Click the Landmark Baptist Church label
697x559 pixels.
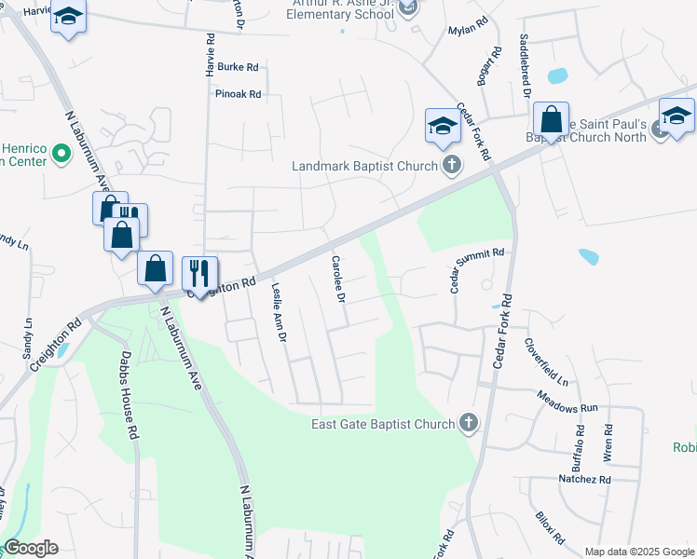point(364,167)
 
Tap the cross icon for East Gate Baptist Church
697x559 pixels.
point(469,424)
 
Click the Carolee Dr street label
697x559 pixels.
point(338,279)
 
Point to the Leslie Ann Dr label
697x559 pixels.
point(277,312)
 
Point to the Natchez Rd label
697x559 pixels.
point(584,479)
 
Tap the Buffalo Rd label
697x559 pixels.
point(579,447)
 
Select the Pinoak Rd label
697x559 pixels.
point(238,94)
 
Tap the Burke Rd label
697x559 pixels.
point(238,67)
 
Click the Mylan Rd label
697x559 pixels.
point(469,29)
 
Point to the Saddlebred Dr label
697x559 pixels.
point(526,65)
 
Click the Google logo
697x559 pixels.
point(31,548)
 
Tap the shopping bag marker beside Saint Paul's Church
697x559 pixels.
point(551,120)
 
